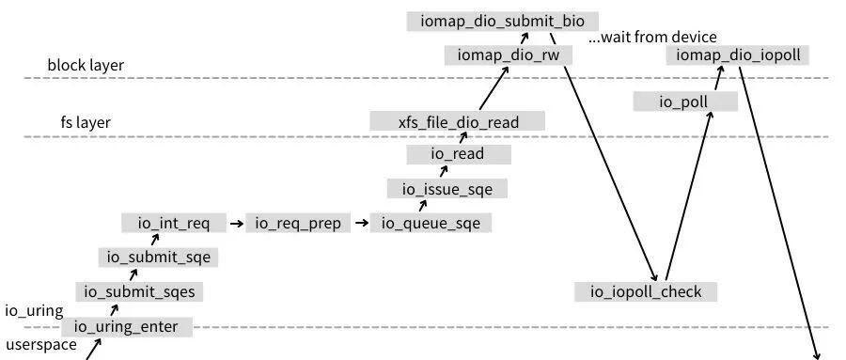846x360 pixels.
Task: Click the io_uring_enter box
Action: click(x=126, y=327)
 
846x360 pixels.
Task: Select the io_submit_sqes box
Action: click(x=139, y=291)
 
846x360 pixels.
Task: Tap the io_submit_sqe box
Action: click(x=158, y=257)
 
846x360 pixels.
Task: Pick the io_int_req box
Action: click(x=174, y=223)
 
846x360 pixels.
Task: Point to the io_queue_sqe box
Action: click(x=431, y=223)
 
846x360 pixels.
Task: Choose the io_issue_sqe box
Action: click(x=446, y=189)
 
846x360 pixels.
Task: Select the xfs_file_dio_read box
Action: click(x=458, y=120)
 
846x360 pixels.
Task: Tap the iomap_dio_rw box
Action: click(x=508, y=55)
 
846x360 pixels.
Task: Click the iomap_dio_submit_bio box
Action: click(x=502, y=21)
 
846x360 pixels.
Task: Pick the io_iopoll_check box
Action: click(x=646, y=291)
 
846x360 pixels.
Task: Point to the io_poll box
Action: click(x=684, y=102)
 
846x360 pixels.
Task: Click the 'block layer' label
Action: click(x=86, y=66)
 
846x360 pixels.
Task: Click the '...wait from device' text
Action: click(x=652, y=38)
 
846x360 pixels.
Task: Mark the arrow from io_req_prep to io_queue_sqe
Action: click(x=360, y=223)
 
